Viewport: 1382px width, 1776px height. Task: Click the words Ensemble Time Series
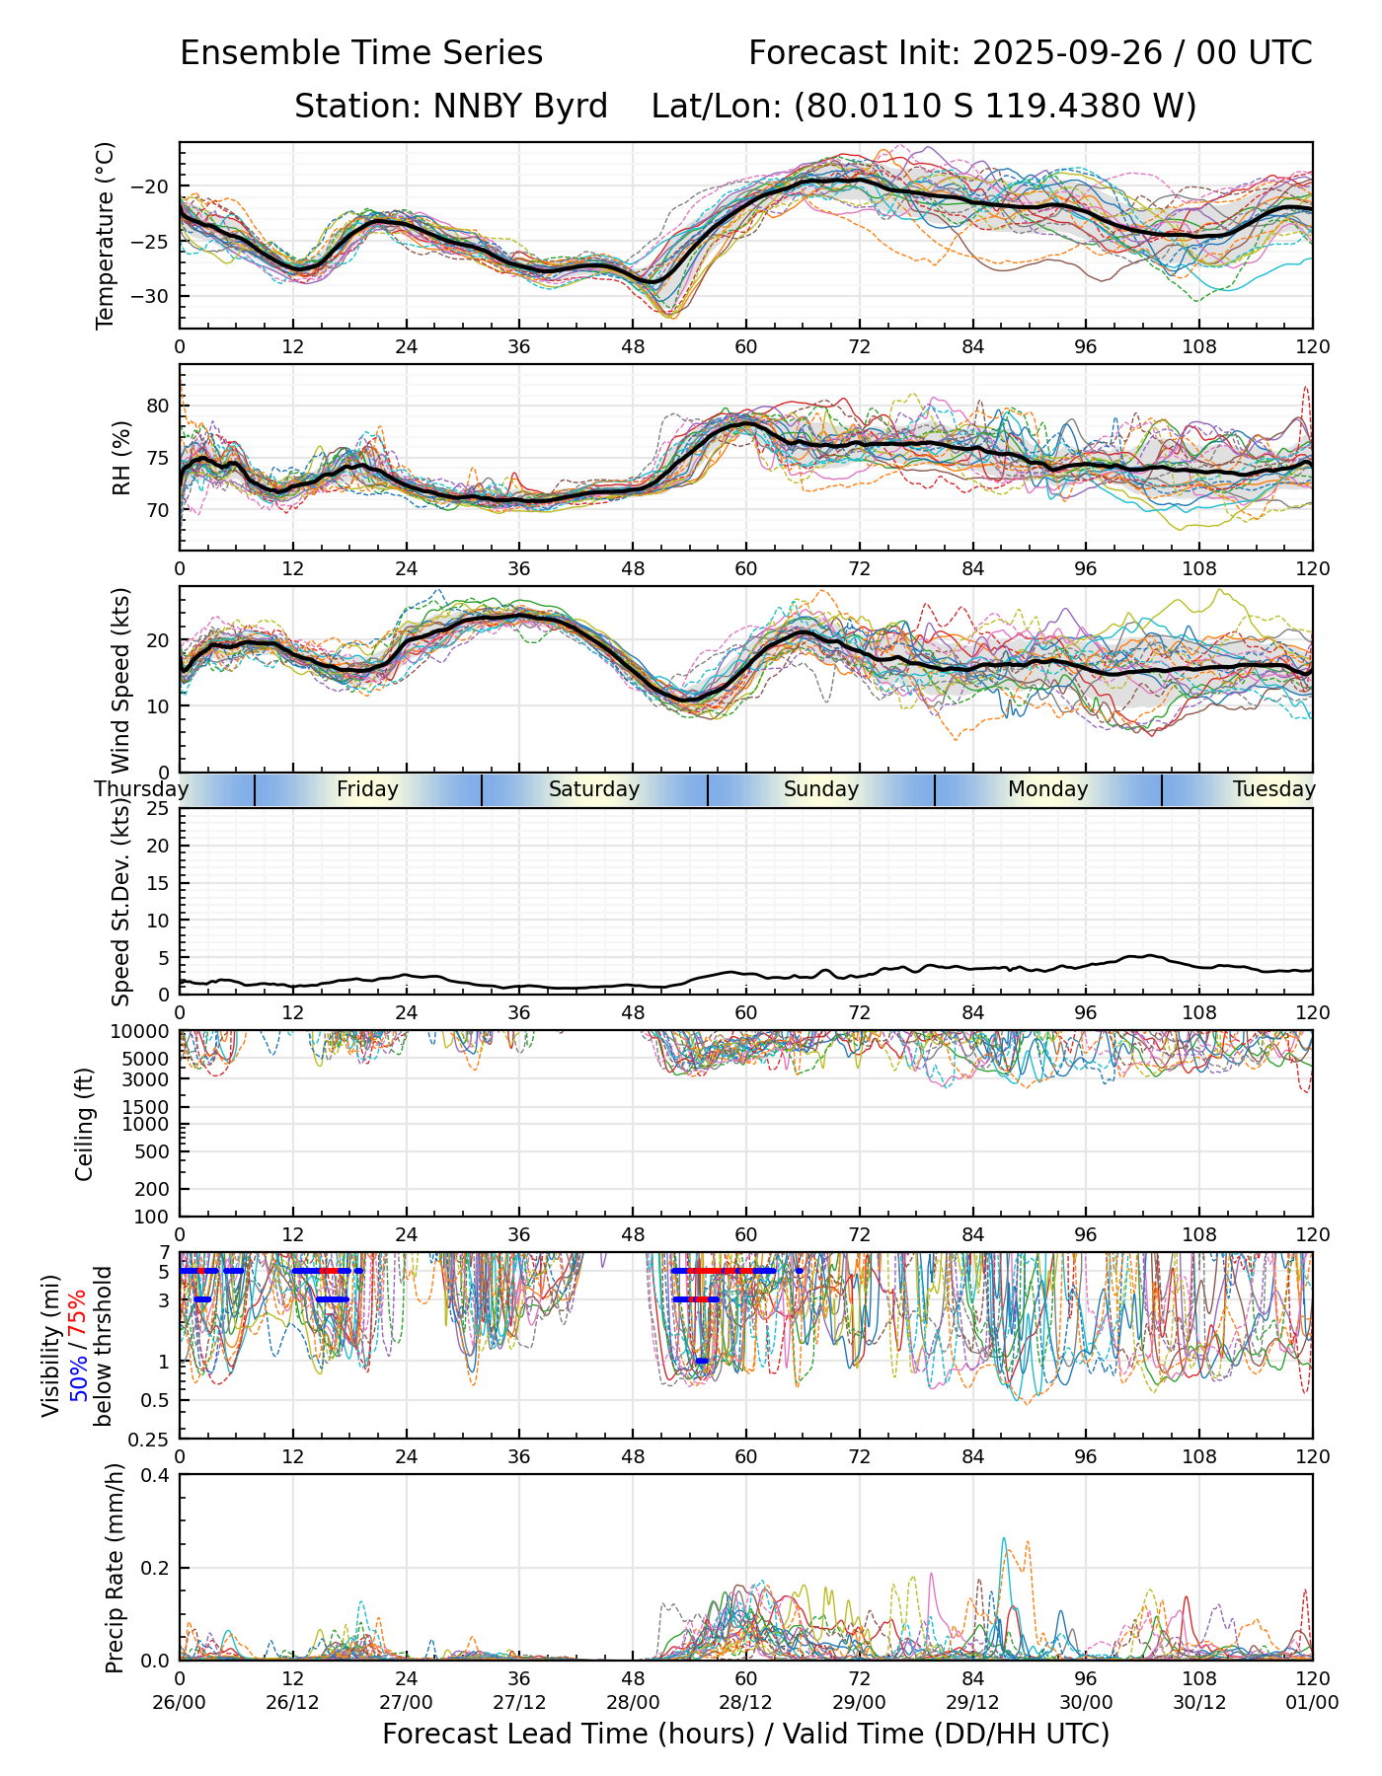coord(361,53)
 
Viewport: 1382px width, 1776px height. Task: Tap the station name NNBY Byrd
coord(451,107)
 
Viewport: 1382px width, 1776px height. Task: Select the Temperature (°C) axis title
coord(106,235)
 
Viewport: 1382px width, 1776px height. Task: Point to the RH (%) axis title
coord(121,458)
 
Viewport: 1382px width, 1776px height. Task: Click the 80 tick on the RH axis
coord(159,406)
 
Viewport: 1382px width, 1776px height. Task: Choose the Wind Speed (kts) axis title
coord(121,680)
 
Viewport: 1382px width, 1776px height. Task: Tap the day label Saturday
coord(594,789)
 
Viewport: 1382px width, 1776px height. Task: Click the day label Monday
coord(1047,789)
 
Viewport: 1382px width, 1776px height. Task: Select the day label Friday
coord(367,789)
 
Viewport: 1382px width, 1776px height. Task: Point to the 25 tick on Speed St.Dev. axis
coord(159,809)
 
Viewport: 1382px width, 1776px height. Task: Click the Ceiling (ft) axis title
coord(86,1124)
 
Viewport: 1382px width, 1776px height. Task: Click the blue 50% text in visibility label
coord(77,1379)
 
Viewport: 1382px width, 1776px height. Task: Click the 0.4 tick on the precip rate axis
coord(157,1475)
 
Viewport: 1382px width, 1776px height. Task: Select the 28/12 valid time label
coord(746,1702)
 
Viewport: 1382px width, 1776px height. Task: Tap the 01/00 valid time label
coord(1312,1702)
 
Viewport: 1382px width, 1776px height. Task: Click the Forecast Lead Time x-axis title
coord(745,1735)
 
